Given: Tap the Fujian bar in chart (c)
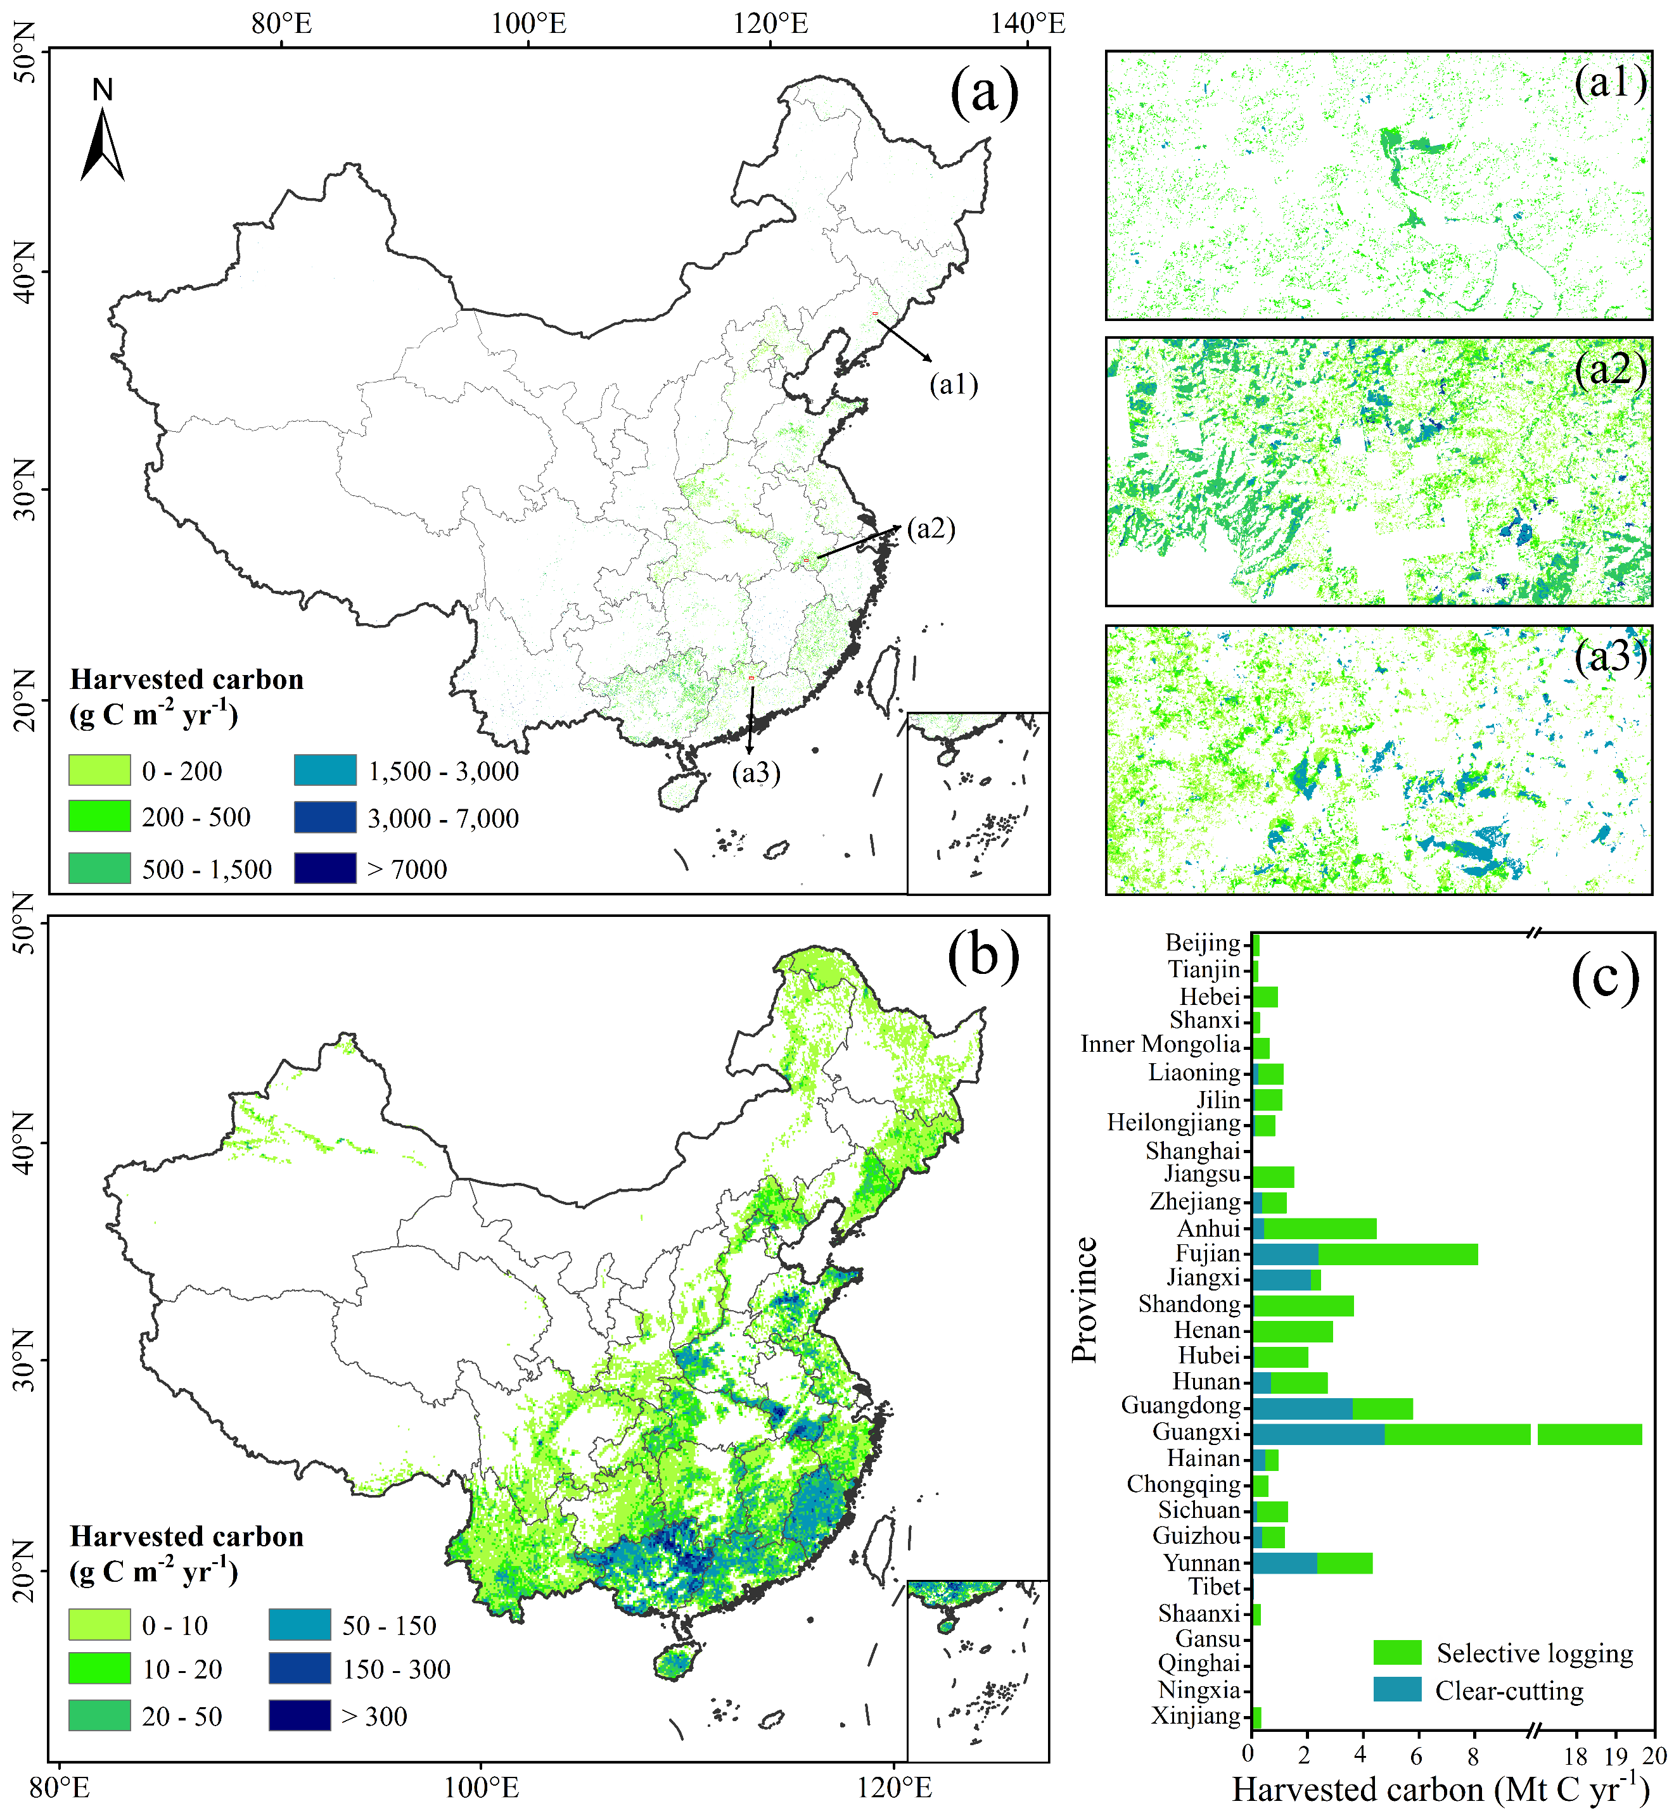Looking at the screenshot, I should [1364, 1254].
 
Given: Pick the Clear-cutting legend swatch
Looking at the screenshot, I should [1397, 1689].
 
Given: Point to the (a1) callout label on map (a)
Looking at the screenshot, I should [953, 385].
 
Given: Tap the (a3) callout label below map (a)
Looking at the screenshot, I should [755, 773].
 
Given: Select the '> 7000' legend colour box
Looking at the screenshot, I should [324, 868].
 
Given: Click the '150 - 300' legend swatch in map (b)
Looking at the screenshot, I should [299, 1669].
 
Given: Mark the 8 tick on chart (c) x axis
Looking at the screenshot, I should [1473, 1755].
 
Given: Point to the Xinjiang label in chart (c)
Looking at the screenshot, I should [1196, 1715].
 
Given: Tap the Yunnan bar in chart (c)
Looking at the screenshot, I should [1312, 1563].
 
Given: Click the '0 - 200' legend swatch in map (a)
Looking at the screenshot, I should [99, 771].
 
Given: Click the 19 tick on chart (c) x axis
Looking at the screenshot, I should [1617, 1755].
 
